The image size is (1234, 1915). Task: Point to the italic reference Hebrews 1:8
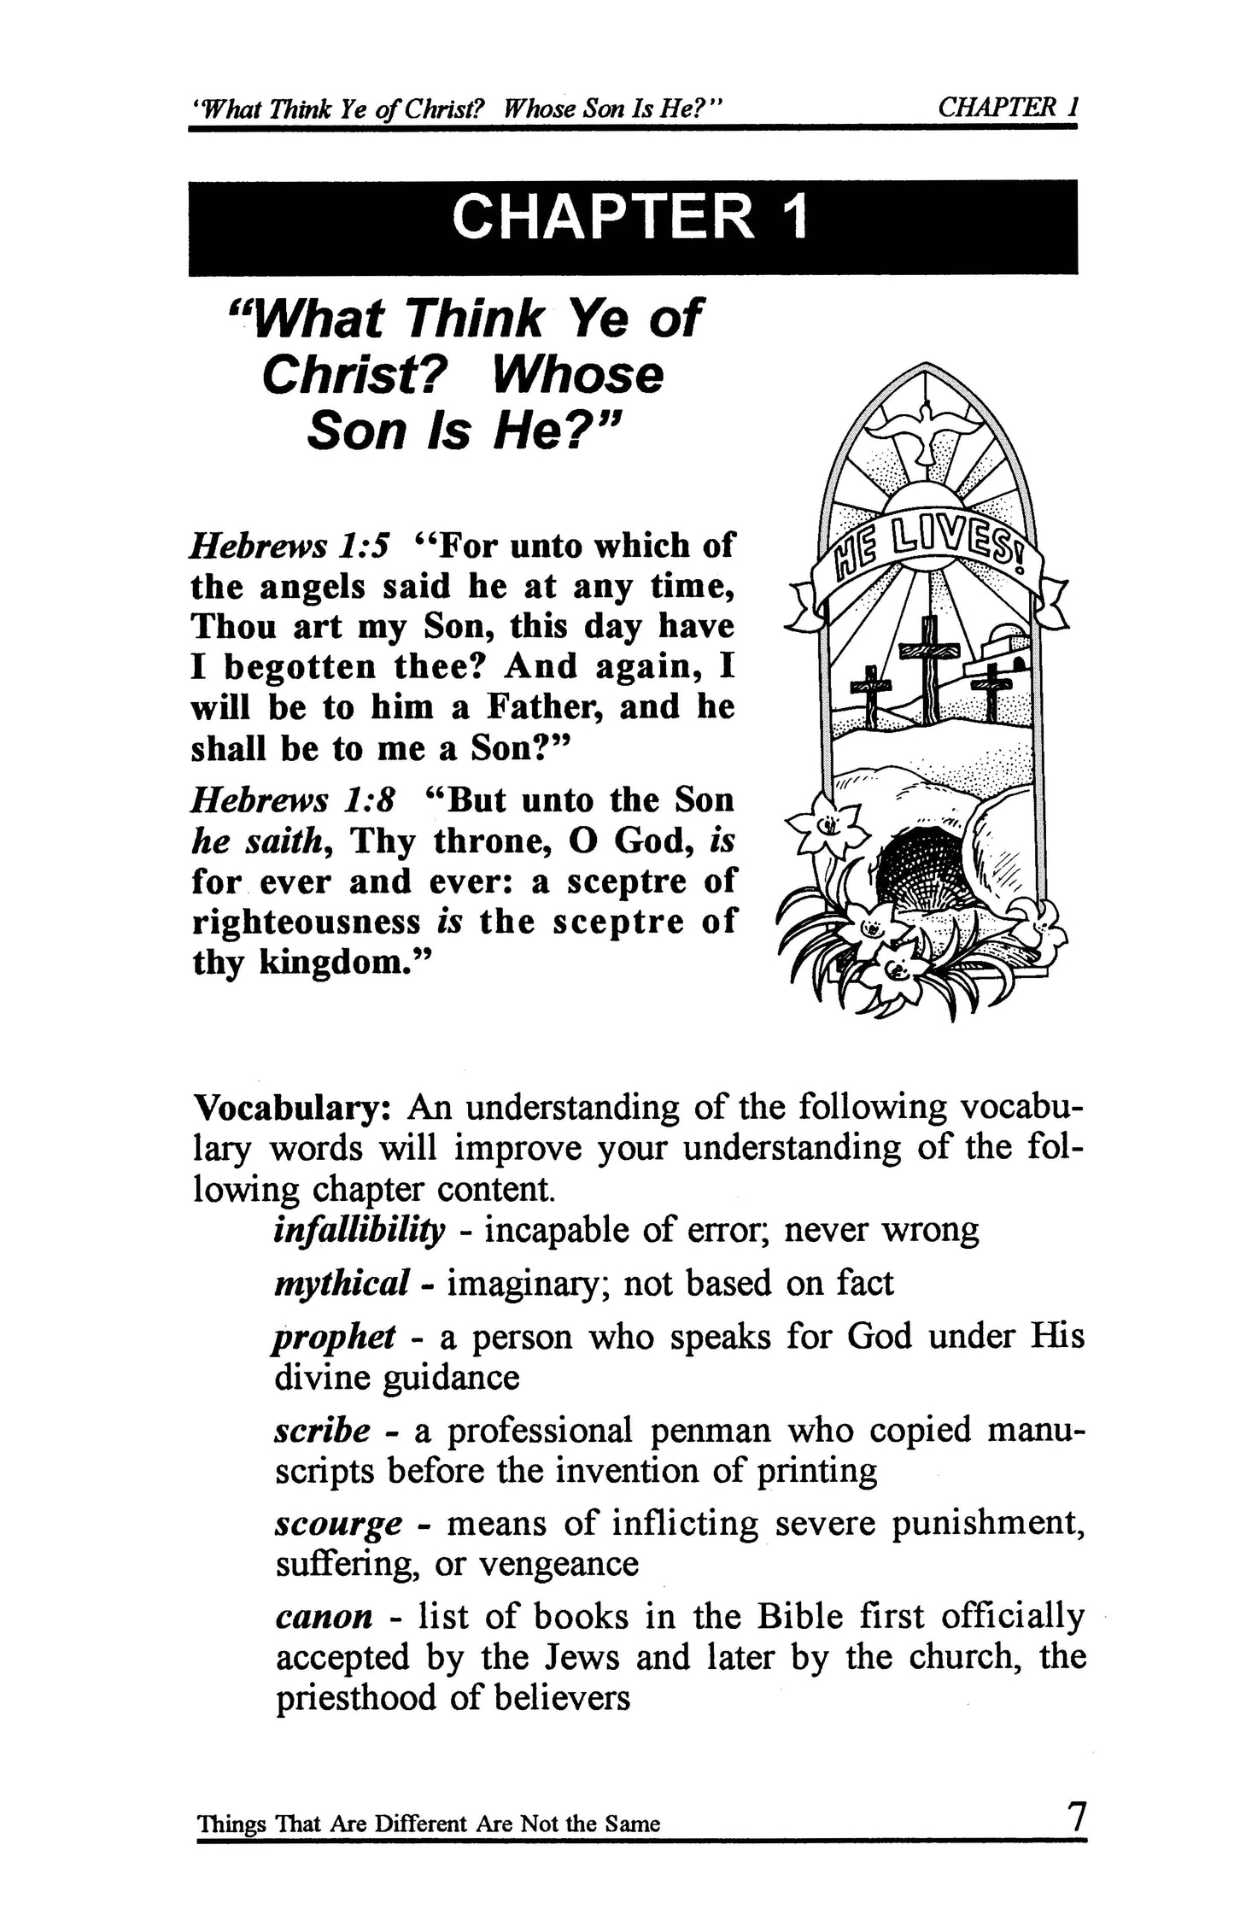click(293, 801)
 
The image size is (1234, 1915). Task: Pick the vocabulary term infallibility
click(360, 1231)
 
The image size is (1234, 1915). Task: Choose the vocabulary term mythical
click(340, 1284)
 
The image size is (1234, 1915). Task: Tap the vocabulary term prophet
click(334, 1337)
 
